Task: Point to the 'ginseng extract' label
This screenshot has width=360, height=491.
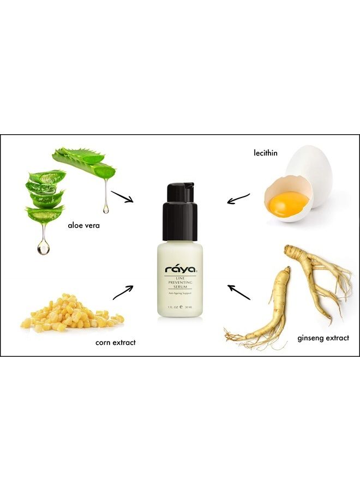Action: point(323,338)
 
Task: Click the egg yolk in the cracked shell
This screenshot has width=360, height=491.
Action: point(288,203)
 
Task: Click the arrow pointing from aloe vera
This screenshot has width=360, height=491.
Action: point(122,196)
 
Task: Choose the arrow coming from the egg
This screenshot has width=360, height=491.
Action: point(238,198)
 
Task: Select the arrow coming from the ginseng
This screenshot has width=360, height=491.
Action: point(238,292)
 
